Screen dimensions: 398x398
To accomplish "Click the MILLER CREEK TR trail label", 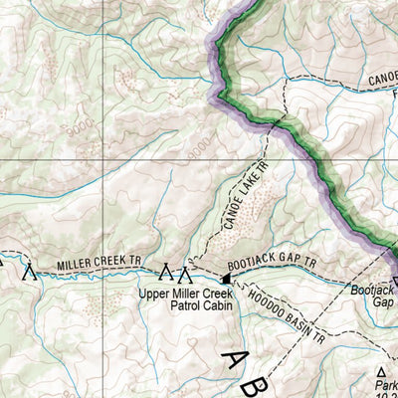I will tap(100, 264).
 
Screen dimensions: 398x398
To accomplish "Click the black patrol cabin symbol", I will tap(225, 280).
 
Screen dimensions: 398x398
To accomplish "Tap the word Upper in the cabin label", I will tap(158, 293).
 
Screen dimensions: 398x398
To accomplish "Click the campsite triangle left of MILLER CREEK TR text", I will tap(30, 270).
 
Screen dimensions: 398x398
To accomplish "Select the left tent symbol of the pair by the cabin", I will tap(167, 272).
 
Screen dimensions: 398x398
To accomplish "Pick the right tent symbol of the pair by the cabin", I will tap(184, 272).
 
